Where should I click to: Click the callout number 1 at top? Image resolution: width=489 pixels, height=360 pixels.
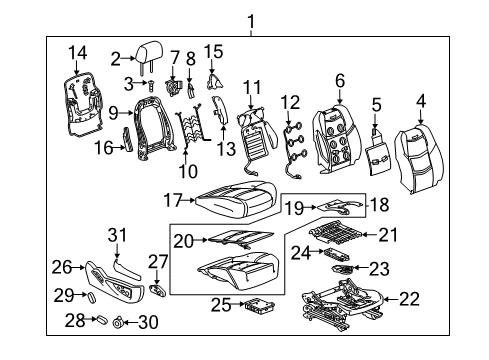[252, 20]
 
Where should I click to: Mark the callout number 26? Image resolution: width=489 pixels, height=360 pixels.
[63, 267]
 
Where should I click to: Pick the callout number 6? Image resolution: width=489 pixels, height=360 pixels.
[340, 80]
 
